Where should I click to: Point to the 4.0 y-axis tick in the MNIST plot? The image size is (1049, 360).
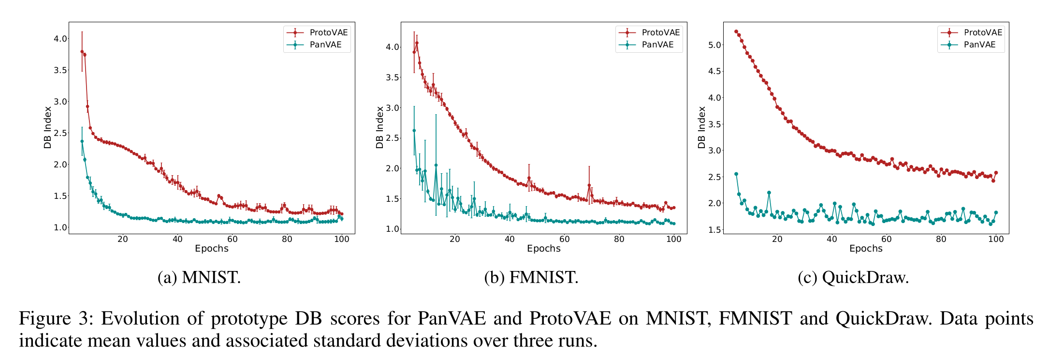coord(60,39)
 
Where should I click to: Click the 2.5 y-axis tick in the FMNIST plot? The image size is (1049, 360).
coord(393,138)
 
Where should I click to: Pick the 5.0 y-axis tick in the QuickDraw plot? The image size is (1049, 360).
coord(714,45)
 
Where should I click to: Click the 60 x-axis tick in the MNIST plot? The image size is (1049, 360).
coord(233,239)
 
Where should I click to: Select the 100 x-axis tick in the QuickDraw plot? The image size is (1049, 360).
coord(996,239)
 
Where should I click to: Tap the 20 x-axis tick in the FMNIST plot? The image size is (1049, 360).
coord(455,239)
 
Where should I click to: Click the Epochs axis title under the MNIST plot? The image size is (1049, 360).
coord(212,249)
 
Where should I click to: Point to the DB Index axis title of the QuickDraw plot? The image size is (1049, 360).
coord(702,127)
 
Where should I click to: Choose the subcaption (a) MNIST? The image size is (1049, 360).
coord(199,278)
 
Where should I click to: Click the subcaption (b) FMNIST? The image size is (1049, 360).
coord(531,278)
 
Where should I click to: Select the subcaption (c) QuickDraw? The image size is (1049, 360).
coord(853,278)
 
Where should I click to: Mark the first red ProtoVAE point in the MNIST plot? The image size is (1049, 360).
coord(82,52)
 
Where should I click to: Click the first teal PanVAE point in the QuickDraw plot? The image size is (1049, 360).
coord(736,174)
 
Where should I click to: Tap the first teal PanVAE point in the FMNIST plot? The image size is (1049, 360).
coord(414,131)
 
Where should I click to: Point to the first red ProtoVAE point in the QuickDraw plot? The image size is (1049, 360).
coord(736,31)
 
